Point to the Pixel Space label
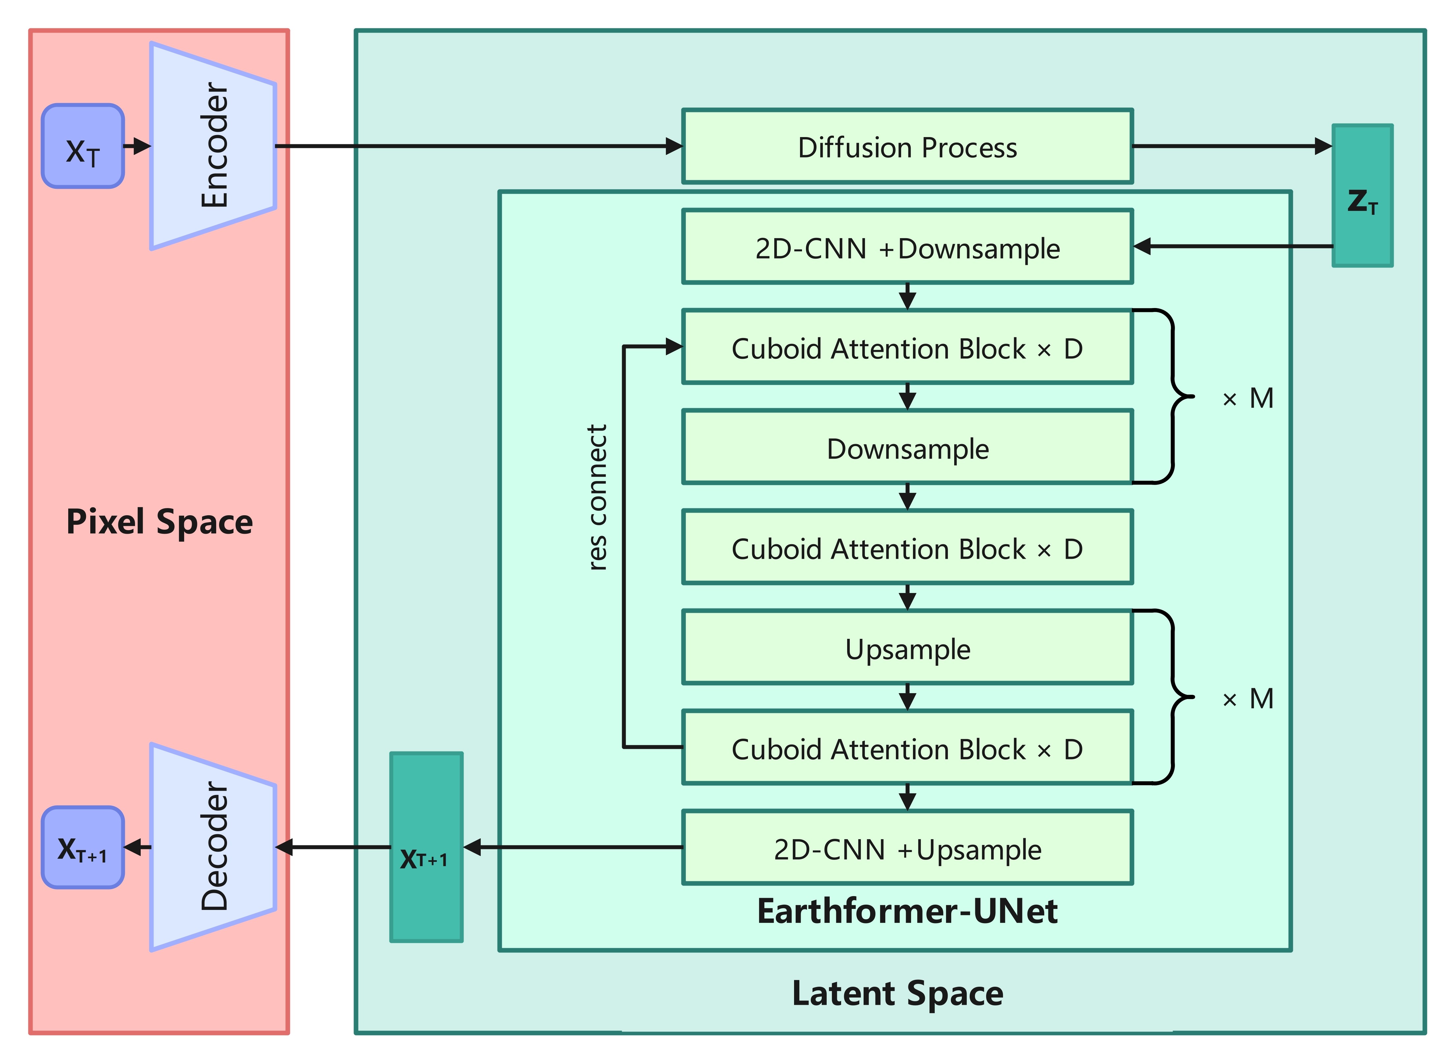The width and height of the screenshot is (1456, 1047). (x=159, y=521)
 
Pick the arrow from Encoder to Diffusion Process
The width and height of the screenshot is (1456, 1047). (x=478, y=146)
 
